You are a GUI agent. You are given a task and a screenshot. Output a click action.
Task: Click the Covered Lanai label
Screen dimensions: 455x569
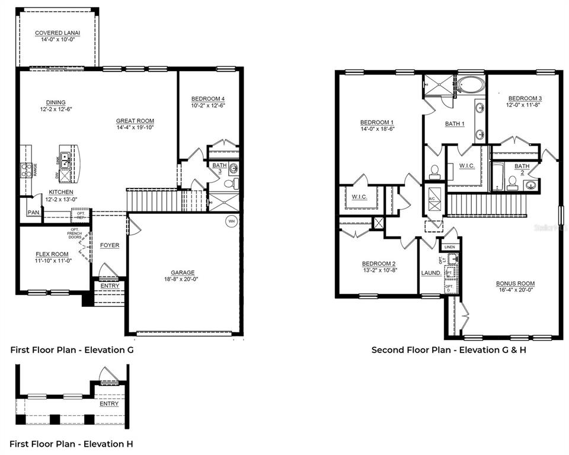tap(57, 33)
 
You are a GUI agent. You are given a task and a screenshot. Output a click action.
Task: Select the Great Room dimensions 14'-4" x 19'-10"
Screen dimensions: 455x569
tap(135, 127)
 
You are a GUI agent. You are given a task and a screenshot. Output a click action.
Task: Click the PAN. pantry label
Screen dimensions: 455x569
tap(34, 213)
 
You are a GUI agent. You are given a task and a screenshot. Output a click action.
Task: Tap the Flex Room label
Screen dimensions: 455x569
tap(52, 254)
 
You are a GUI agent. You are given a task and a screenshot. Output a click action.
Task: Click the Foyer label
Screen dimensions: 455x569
tap(109, 245)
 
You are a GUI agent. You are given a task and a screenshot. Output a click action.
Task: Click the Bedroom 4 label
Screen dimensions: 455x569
tap(207, 98)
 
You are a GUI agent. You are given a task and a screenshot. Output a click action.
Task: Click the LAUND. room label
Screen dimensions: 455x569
tap(430, 273)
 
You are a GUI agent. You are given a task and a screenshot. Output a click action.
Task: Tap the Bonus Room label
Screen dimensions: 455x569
tap(515, 283)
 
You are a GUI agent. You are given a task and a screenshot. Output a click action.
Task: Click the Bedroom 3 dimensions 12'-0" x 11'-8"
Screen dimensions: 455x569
tap(524, 105)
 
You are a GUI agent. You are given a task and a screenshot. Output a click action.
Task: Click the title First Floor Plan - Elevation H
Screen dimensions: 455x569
tap(72, 444)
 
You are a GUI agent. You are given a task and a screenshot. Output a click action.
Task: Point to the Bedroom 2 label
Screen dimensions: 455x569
tap(378, 264)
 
